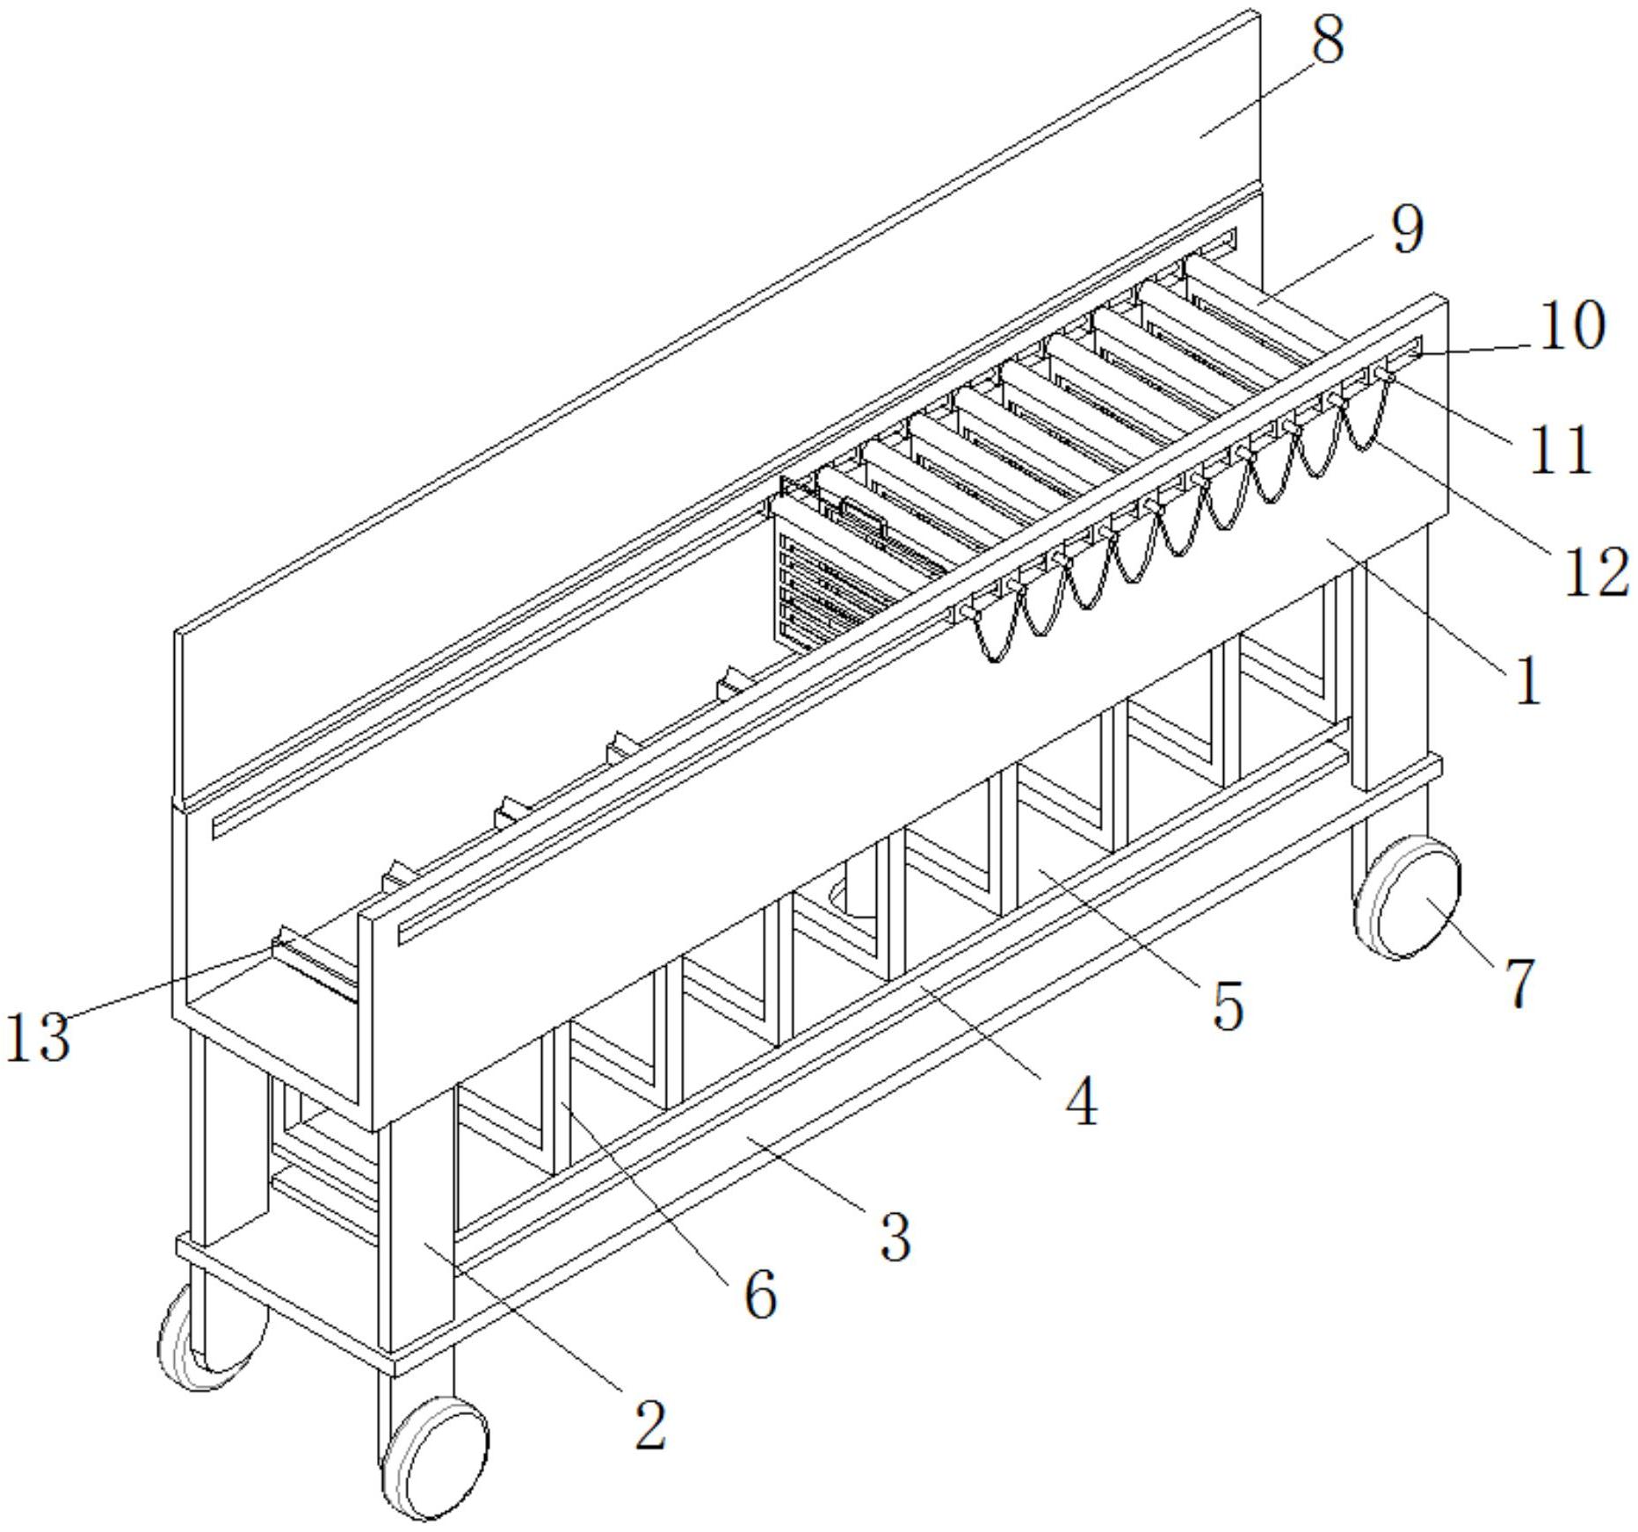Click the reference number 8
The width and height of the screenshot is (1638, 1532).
pyautogui.click(x=1327, y=40)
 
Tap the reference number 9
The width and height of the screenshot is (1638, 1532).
pyautogui.click(x=1407, y=230)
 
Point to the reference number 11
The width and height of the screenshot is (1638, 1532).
pyautogui.click(x=1561, y=449)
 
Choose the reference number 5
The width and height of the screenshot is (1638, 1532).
pyautogui.click(x=1228, y=1005)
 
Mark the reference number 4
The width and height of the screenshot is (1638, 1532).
pyautogui.click(x=1081, y=1101)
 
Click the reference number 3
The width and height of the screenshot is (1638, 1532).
pyautogui.click(x=895, y=1236)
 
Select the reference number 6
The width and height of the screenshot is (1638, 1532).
pyautogui.click(x=760, y=1294)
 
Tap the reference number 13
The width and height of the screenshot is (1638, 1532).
pyautogui.click(x=37, y=1037)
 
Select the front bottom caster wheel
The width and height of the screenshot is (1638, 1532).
pyautogui.click(x=436, y=1457)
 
